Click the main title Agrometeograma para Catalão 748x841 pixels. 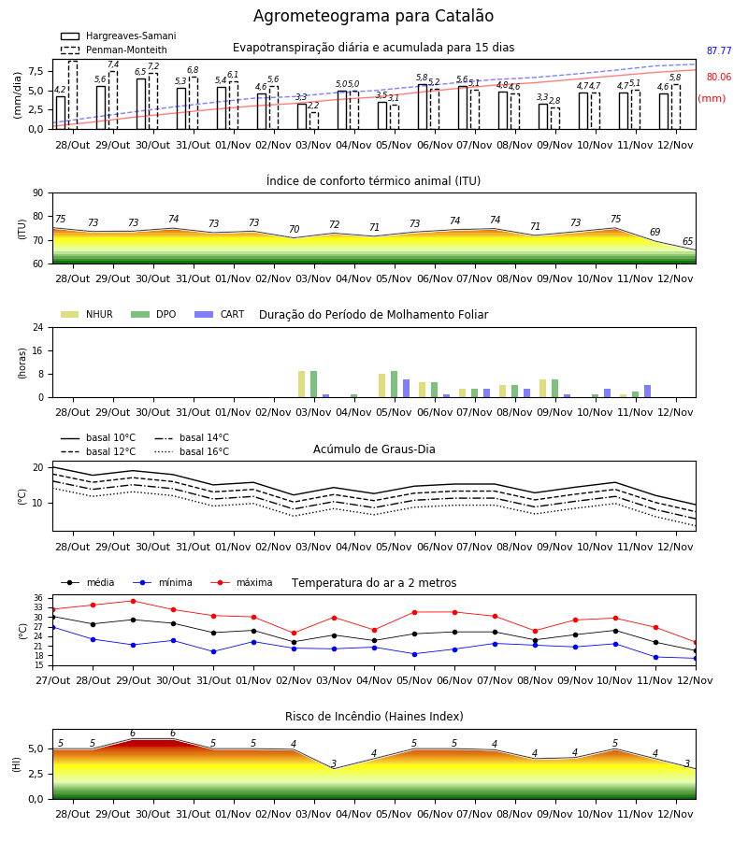coord(373,16)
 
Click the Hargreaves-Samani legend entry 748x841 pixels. coord(118,36)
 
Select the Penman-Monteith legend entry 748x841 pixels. coord(114,50)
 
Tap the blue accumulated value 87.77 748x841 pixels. coord(719,51)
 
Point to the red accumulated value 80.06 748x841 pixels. coord(719,77)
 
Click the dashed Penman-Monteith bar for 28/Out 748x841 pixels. coord(73,95)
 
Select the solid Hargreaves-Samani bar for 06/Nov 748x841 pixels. coord(423,107)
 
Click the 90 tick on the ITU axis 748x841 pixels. coord(38,193)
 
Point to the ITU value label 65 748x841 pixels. coord(687,241)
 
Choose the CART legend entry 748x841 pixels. coord(220,314)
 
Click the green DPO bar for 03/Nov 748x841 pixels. coord(314,384)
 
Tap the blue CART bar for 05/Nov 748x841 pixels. coord(406,389)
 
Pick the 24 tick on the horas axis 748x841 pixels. coord(38,327)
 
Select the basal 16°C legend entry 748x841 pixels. coord(192,451)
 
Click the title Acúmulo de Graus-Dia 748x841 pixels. coord(374,449)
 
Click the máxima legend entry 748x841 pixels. coord(241,582)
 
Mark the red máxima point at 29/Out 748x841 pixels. coord(133,601)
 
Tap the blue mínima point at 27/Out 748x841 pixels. coord(52,627)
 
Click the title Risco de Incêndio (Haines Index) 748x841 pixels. coord(374,717)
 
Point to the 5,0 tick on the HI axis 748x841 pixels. coord(36,748)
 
